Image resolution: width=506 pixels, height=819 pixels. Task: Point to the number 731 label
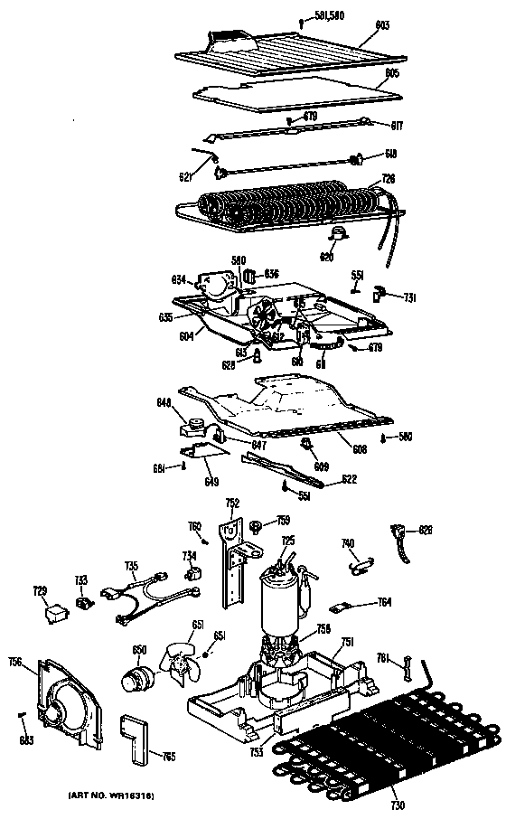pyautogui.click(x=409, y=297)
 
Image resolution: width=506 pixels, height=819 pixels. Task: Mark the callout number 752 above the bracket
pyautogui.click(x=233, y=504)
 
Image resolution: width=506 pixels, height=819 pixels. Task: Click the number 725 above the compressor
pyautogui.click(x=287, y=541)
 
